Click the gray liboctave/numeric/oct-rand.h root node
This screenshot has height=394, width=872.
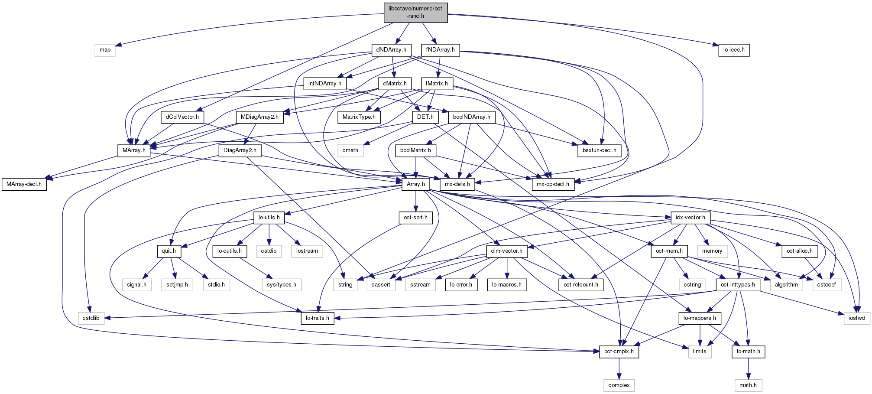click(x=415, y=13)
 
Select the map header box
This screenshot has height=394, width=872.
click(x=105, y=50)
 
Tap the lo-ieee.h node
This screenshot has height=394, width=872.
click(x=734, y=50)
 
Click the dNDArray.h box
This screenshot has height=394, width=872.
click(x=391, y=50)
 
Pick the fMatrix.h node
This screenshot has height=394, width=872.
click(x=437, y=83)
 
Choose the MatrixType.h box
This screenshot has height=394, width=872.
click(x=359, y=117)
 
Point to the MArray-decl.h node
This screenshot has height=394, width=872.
click(x=24, y=184)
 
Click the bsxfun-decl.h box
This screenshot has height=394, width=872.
click(x=599, y=150)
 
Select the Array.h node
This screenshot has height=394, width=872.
click(x=416, y=184)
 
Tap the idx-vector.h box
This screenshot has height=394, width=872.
click(x=690, y=218)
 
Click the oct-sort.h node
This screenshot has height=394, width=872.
click(x=415, y=218)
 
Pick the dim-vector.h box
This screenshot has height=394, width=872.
click(x=506, y=251)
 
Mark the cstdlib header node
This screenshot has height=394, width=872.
click(x=91, y=318)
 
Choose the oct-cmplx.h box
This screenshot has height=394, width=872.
click(x=619, y=352)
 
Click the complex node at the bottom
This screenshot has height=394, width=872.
click(x=619, y=385)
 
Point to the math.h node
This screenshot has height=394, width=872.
click(x=748, y=385)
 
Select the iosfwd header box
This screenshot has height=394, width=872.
click(x=857, y=318)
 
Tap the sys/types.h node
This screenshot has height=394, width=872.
click(x=282, y=285)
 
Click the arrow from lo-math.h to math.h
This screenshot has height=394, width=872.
click(x=748, y=368)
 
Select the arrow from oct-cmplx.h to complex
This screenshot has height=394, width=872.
click(x=619, y=368)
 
